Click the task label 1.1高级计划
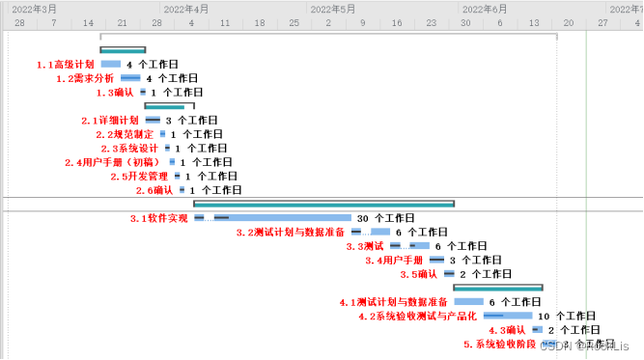pos(65,65)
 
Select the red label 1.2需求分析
pos(84,78)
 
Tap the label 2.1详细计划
pos(110,121)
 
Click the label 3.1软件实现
pos(158,218)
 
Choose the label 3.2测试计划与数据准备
pos(291,233)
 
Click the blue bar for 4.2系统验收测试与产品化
pos(508,316)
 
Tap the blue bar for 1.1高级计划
pos(110,65)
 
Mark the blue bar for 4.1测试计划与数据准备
pos(468,302)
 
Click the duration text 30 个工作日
pos(385,218)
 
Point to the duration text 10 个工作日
pos(567,316)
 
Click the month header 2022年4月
pos(186,8)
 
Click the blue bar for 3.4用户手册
pos(436,261)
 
